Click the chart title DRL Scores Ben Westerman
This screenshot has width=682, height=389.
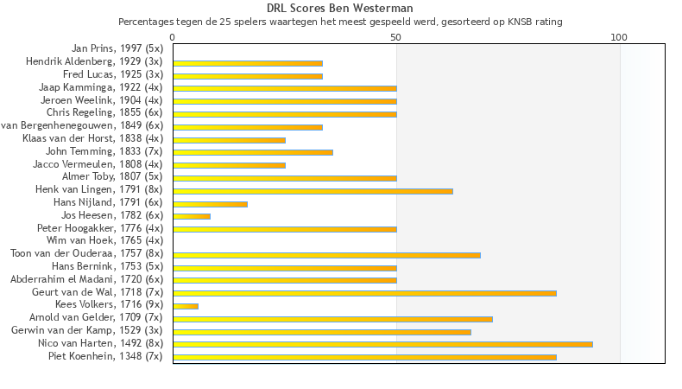(x=339, y=9)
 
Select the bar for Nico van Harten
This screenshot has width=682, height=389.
(x=382, y=344)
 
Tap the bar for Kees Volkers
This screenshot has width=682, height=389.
(x=186, y=306)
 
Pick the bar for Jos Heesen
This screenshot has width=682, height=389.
(x=192, y=216)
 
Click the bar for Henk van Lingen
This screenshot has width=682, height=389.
(x=313, y=191)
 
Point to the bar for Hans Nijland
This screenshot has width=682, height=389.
(x=210, y=204)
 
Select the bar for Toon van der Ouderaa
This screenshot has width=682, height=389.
(x=326, y=255)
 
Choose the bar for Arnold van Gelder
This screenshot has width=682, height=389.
(x=332, y=319)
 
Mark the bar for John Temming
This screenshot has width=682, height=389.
(x=253, y=153)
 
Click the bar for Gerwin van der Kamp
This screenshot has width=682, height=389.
(x=322, y=331)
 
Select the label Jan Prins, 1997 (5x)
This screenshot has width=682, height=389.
(x=117, y=49)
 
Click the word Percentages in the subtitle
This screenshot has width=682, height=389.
(x=145, y=21)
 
